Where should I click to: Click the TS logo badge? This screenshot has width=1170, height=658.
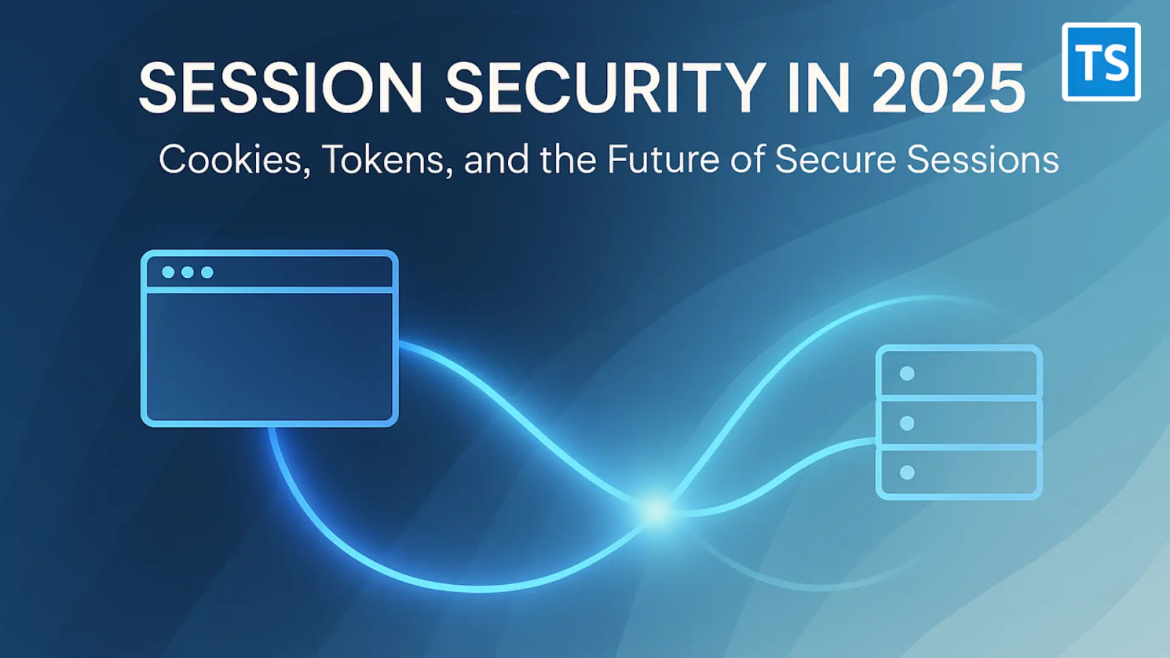[1101, 62]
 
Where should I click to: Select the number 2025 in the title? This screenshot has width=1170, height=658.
[949, 89]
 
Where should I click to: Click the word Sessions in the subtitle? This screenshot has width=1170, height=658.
[982, 160]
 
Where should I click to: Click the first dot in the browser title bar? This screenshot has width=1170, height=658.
[168, 272]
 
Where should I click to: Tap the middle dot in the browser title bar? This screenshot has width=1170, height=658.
[188, 272]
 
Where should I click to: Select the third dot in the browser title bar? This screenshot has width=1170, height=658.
[207, 272]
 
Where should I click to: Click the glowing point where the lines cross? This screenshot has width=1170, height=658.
[656, 511]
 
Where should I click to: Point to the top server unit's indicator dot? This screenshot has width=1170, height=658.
[907, 373]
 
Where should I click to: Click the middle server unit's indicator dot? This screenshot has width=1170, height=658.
[907, 423]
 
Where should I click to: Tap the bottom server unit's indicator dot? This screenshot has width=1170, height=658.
[907, 472]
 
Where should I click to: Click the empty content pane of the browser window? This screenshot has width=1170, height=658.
[269, 356]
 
